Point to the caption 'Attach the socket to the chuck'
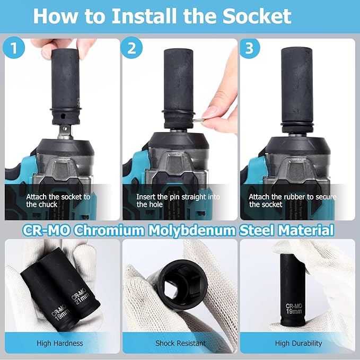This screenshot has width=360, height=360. coord(58,200)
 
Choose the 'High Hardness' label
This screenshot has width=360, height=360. coord(60,343)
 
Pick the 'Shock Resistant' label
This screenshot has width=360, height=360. coord(180,343)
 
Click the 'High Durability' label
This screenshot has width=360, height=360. coord(298,343)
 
